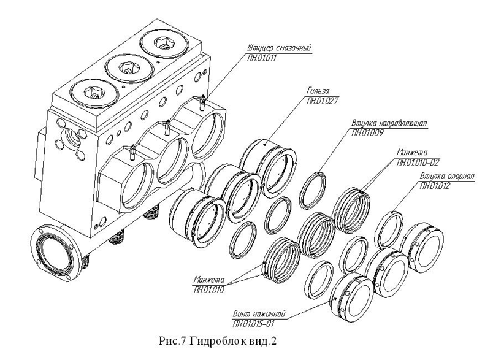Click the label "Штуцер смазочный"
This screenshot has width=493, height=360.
[x=279, y=48]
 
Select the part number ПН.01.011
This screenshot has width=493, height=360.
[x=262, y=58]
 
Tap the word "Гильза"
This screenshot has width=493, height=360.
[x=318, y=91]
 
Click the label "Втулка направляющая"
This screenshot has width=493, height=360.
[x=389, y=123]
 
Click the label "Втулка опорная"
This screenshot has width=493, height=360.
[x=447, y=176]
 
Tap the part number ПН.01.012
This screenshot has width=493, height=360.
[x=435, y=185]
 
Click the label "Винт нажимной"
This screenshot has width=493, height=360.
[x=259, y=314]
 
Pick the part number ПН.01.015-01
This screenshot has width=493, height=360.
[x=253, y=324]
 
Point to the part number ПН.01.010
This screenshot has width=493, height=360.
[x=208, y=289]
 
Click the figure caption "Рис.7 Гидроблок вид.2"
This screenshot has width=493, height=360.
[x=218, y=342]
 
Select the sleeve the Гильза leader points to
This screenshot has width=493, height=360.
[x=268, y=168]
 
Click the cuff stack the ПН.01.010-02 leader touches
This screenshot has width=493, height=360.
[x=352, y=210]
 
